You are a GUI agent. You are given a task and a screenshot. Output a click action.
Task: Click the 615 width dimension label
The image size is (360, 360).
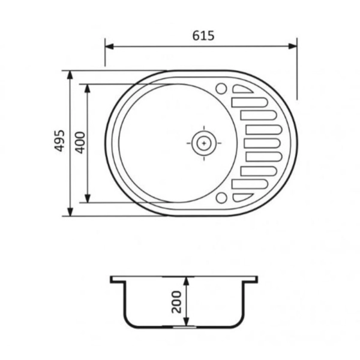click(x=203, y=35)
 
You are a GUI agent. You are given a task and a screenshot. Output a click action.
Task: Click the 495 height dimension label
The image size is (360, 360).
click(x=59, y=141)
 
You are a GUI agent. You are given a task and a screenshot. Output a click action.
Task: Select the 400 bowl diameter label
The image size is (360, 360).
click(x=80, y=142)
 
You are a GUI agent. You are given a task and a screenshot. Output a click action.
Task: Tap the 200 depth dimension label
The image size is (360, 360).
click(x=176, y=302)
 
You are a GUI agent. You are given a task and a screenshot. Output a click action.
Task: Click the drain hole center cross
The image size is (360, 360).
click(x=204, y=143)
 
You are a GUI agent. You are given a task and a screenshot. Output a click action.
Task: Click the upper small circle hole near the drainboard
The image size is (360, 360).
click(x=221, y=88)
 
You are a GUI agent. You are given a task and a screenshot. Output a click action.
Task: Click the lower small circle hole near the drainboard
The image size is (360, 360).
click(x=221, y=198)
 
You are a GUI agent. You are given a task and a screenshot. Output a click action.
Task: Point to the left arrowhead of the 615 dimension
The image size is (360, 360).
click(x=109, y=46)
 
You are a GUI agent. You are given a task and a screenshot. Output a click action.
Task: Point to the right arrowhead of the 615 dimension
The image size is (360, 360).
click(x=293, y=46)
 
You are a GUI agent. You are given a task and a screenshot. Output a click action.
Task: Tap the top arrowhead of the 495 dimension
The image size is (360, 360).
click(x=70, y=75)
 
